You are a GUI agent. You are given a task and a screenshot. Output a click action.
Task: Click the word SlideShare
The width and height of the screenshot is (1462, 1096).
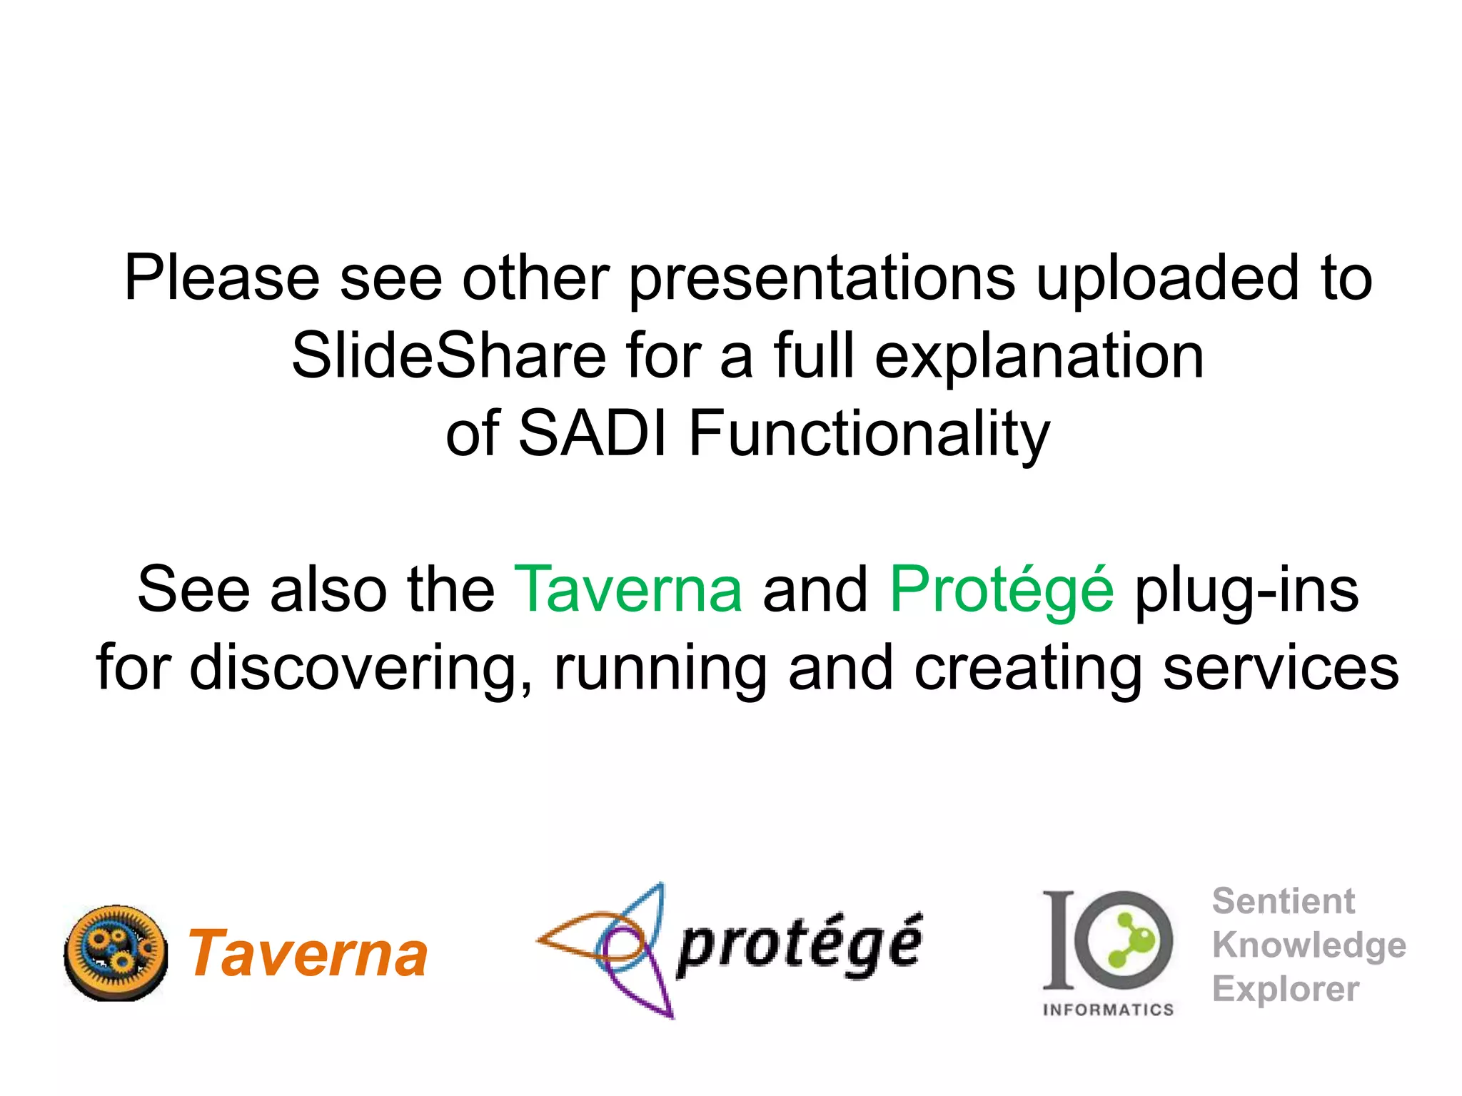[x=448, y=356]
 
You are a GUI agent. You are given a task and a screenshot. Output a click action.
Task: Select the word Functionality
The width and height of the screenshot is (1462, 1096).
[x=869, y=435]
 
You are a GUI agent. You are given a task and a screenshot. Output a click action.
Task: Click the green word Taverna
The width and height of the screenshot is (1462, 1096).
[x=628, y=589]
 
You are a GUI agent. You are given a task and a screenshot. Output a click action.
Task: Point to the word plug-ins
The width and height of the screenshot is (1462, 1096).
[x=1246, y=590]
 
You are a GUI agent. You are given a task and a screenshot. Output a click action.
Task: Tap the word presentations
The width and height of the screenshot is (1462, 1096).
[x=822, y=279]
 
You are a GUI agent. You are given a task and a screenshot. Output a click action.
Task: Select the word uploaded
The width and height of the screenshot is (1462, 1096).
[x=1168, y=279]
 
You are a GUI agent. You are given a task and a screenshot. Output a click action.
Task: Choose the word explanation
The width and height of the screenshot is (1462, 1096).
[x=1039, y=357]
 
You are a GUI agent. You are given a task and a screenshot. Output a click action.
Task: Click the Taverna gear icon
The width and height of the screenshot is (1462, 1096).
[x=116, y=953]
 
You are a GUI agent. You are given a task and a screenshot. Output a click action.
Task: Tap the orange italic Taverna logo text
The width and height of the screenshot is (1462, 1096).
[x=308, y=955]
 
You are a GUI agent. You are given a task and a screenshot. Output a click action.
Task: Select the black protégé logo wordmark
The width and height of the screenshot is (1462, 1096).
[x=800, y=946]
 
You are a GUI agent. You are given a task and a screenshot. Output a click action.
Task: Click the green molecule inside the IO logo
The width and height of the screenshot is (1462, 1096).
[x=1128, y=940]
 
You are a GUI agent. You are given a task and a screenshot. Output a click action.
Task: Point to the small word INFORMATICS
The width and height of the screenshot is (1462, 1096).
[x=1108, y=1010]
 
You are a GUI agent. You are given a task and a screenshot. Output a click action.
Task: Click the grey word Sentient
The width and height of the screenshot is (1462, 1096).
[x=1283, y=901]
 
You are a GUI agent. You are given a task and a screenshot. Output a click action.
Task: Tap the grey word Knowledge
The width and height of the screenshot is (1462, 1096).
[x=1309, y=946]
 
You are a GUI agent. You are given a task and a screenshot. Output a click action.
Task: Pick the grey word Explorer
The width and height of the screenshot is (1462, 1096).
[x=1285, y=989]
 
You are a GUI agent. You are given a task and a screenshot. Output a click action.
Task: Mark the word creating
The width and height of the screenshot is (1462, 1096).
[x=1028, y=669]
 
